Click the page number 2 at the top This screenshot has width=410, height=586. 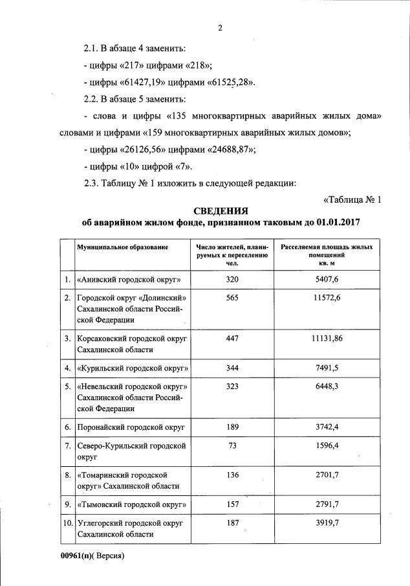point(220,28)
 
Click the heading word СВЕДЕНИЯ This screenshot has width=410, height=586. point(221,210)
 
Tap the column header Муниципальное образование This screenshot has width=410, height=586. point(123,247)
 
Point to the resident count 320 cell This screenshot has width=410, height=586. point(233,279)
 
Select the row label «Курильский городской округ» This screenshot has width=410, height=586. point(133,368)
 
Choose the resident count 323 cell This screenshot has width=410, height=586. point(233,386)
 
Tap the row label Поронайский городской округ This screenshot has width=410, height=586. point(131,428)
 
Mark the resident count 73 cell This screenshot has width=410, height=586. point(233,446)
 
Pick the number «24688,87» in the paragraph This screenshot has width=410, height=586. point(229,150)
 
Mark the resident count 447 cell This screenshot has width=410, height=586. point(233,339)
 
